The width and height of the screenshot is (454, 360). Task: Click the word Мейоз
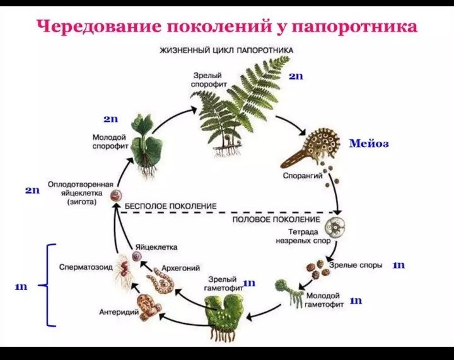click(369, 143)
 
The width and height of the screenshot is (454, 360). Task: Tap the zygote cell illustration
click(116, 195)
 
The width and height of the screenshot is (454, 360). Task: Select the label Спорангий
click(302, 176)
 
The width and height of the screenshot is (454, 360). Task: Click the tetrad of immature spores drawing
click(335, 226)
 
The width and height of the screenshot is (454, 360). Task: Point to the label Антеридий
click(119, 312)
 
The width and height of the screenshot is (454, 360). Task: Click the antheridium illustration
click(149, 307)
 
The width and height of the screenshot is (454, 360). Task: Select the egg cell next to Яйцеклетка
click(137, 256)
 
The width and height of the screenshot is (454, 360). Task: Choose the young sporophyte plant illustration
click(146, 146)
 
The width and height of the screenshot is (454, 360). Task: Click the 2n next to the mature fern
click(296, 76)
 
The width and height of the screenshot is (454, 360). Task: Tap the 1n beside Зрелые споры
click(399, 265)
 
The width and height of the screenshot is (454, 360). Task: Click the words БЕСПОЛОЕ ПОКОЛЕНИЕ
click(170, 206)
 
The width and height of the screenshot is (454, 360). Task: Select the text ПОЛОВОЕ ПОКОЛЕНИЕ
click(277, 219)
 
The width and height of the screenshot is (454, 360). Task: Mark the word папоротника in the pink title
click(354, 26)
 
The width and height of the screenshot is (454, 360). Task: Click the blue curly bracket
click(47, 286)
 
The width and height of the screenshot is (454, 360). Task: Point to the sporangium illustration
click(310, 148)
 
